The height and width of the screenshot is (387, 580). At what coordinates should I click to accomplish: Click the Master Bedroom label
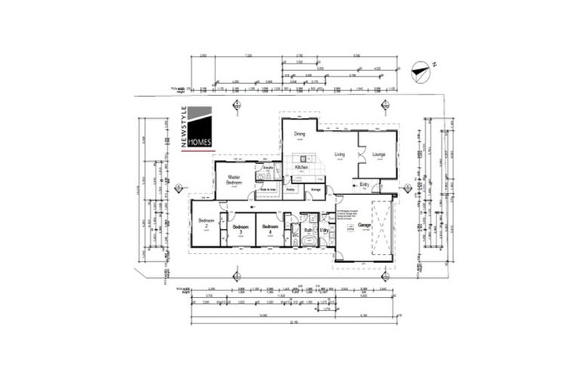point(234,180)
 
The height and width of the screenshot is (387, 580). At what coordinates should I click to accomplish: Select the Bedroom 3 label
point(240,228)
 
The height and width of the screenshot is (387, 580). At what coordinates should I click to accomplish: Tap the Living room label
point(340,155)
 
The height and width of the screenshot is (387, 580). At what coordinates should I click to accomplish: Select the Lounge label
point(379,155)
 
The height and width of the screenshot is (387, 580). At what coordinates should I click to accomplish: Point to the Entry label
point(364,184)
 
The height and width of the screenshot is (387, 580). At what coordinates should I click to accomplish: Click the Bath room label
point(308,230)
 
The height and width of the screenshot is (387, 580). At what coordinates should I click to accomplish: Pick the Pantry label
point(291,189)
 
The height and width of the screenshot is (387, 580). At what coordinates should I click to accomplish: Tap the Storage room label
point(316,189)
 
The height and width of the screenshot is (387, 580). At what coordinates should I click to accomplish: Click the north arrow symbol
point(421,73)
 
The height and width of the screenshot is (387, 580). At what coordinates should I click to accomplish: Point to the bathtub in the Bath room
point(308,241)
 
